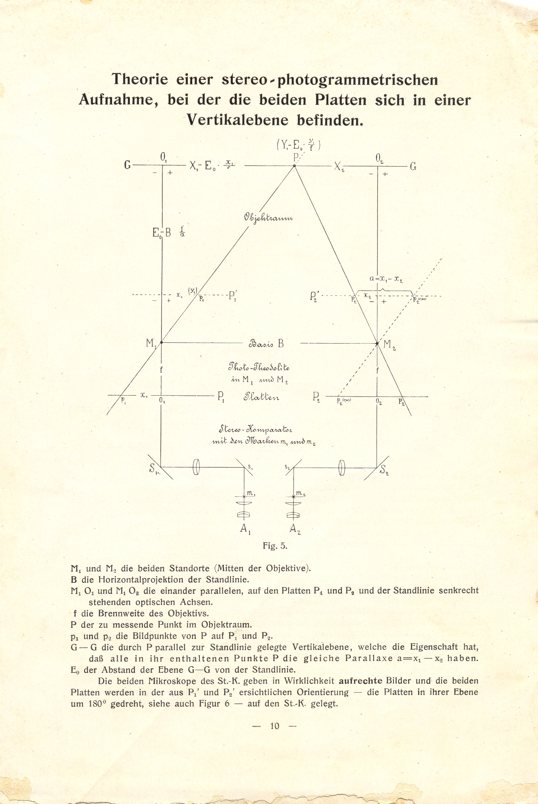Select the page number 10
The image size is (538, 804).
click(275, 725)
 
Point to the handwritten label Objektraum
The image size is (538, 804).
click(268, 218)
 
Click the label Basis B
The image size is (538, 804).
click(266, 343)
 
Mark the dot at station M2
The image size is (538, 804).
click(377, 343)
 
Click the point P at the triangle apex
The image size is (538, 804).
click(294, 166)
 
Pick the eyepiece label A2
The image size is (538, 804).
click(294, 529)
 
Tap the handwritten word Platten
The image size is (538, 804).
click(261, 396)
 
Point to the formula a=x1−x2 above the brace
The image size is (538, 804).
click(386, 278)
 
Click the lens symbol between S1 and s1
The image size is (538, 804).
click(197, 468)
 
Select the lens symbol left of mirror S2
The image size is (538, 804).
click(342, 468)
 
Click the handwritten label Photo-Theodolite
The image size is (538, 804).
click(259, 368)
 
